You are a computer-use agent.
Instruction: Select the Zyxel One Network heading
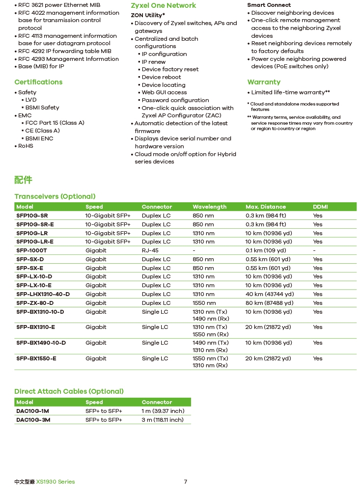(163, 5)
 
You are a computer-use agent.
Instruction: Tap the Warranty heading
(264, 82)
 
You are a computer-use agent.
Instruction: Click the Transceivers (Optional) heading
(55, 196)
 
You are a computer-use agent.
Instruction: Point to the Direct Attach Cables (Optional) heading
(69, 391)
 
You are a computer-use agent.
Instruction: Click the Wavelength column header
(209, 207)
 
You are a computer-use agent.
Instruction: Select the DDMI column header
(320, 207)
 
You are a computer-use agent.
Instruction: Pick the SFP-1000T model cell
(31, 250)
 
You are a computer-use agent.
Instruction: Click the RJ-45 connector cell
(150, 250)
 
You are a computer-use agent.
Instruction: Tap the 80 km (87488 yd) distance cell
(269, 303)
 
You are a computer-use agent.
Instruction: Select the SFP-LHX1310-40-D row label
(43, 294)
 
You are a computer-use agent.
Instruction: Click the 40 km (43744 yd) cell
(269, 294)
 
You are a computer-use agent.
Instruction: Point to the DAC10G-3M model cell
(33, 420)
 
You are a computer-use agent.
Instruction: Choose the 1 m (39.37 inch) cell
(163, 411)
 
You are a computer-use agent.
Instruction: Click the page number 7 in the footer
(185, 482)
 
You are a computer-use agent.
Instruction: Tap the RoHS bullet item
(26, 146)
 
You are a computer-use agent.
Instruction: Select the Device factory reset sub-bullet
(170, 69)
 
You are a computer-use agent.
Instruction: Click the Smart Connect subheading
(269, 5)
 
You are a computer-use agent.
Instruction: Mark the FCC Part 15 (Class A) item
(55, 123)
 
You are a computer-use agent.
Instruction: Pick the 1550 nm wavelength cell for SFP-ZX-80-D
(203, 303)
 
